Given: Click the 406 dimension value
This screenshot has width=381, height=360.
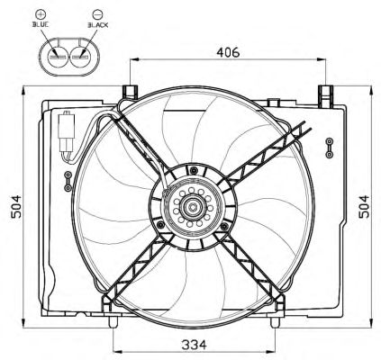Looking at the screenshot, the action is point(228,52).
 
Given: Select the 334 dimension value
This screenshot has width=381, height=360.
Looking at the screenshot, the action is point(194,345).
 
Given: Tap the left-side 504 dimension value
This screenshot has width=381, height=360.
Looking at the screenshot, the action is point(16,206).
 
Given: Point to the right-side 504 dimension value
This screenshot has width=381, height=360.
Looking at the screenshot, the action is point(364,206).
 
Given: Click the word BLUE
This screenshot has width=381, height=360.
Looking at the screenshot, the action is point(41,25).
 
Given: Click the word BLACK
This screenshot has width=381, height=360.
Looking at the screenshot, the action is point(98,25).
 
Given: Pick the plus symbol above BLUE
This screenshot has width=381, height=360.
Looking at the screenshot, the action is point(41,13).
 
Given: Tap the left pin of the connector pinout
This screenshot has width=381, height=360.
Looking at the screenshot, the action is point(58,57).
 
